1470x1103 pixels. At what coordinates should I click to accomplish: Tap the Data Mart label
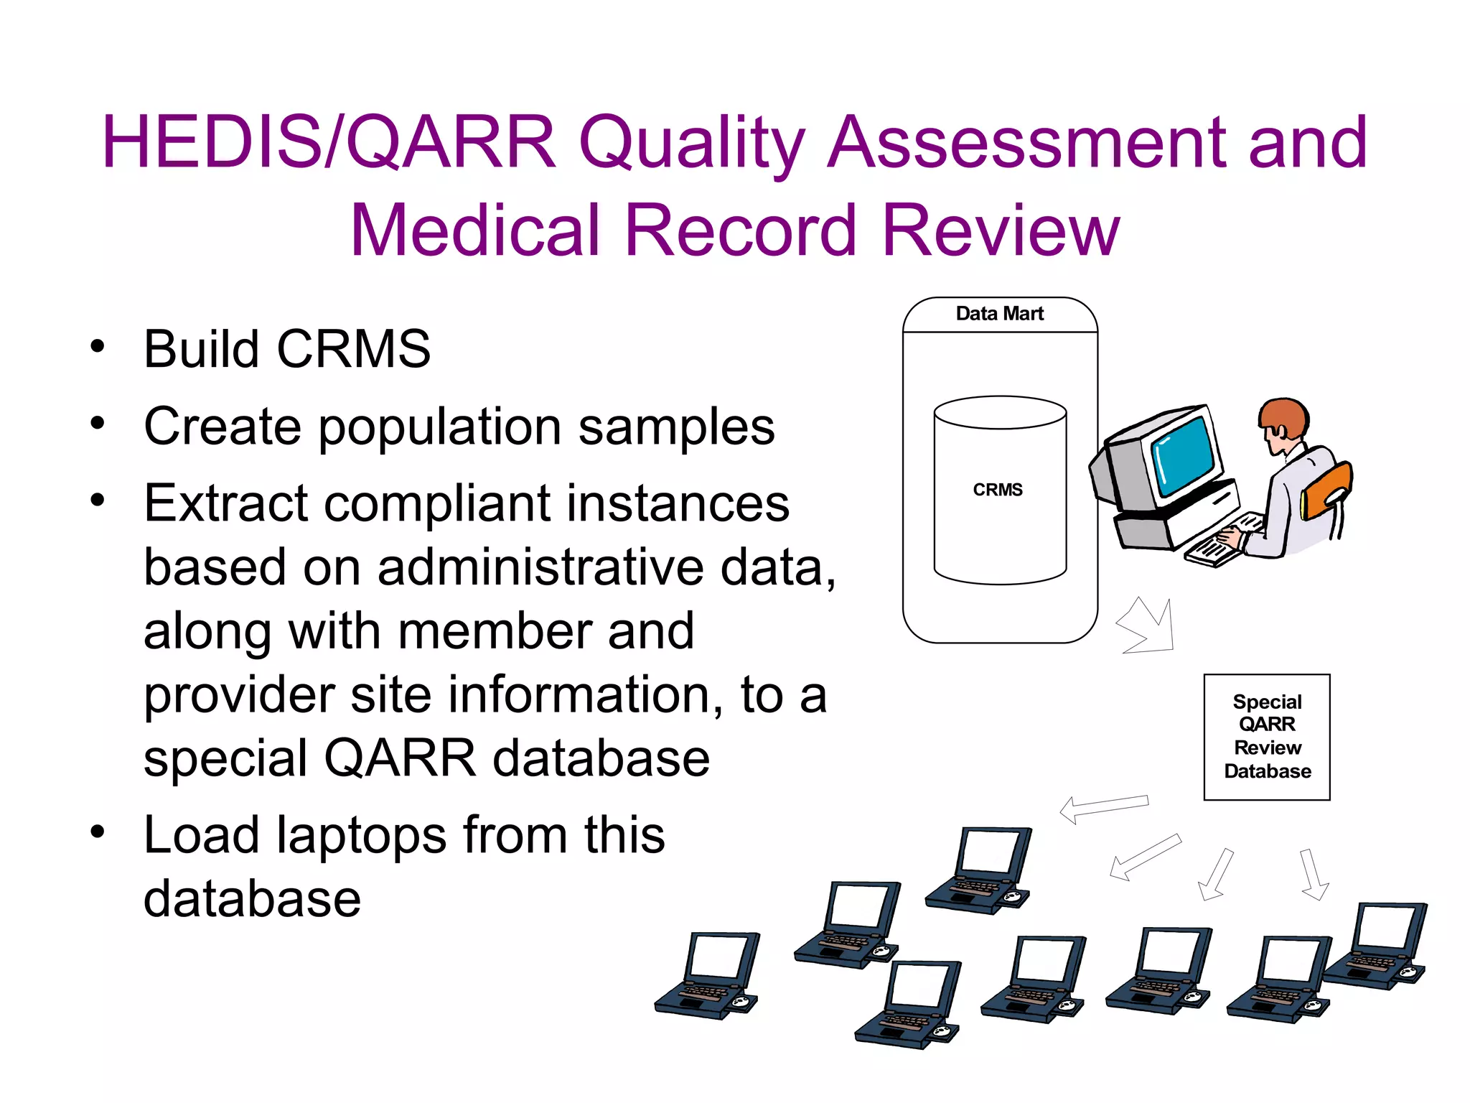click(x=999, y=314)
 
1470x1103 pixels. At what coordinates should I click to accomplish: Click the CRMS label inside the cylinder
click(x=998, y=490)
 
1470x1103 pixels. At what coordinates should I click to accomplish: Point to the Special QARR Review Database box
click(x=1267, y=737)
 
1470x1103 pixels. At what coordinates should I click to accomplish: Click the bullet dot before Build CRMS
click(x=98, y=347)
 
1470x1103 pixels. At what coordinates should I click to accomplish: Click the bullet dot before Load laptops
click(x=98, y=832)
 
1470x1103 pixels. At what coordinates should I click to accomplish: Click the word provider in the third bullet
click(x=240, y=695)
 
